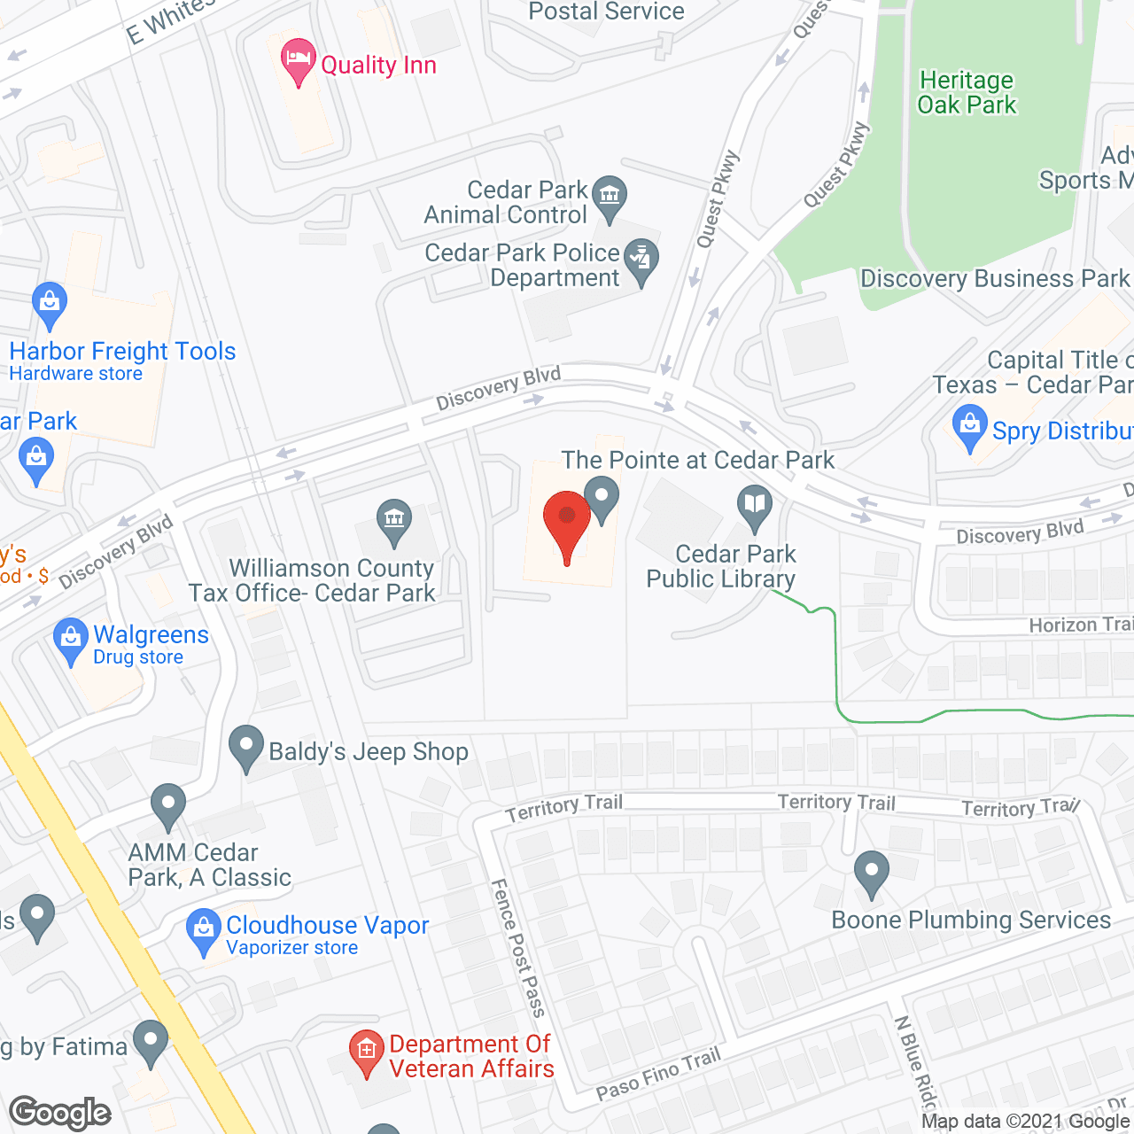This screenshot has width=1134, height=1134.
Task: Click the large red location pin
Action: [567, 523]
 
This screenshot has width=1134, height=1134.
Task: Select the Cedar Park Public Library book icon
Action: [755, 506]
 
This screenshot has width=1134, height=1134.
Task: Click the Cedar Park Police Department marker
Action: [641, 260]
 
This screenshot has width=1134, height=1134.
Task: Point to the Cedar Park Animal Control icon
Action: [610, 196]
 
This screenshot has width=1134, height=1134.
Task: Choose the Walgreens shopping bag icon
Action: [70, 639]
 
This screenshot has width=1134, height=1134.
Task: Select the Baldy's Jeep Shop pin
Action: [245, 747]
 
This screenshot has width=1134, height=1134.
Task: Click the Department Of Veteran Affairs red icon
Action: [366, 1052]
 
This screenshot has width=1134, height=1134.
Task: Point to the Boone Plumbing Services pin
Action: [872, 873]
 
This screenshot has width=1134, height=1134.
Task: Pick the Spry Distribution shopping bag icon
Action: [970, 426]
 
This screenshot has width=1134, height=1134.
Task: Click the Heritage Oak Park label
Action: [967, 92]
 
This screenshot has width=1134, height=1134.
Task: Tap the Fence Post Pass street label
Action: [518, 947]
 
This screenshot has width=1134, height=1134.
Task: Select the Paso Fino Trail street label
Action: [658, 1073]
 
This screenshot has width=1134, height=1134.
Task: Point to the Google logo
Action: [60, 1113]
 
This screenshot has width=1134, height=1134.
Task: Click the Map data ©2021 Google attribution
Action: [1025, 1122]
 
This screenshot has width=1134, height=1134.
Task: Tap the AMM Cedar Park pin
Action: [167, 805]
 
